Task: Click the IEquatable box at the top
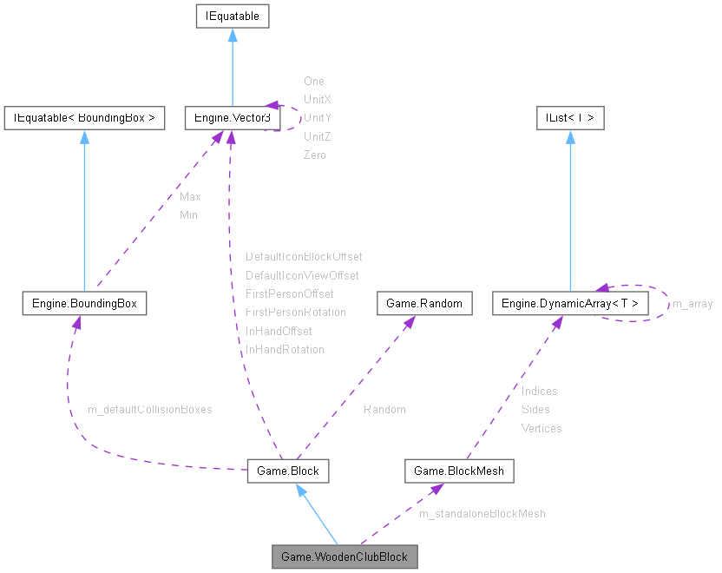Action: click(232, 16)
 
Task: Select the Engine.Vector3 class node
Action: click(231, 117)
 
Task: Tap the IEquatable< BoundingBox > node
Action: click(84, 117)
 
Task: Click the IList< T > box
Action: click(570, 117)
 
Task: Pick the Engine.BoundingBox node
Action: click(84, 303)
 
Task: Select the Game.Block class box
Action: click(288, 471)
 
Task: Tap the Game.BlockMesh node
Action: click(460, 471)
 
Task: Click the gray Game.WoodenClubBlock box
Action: click(345, 556)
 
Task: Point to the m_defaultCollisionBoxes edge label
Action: click(150, 409)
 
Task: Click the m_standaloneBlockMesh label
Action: click(482, 513)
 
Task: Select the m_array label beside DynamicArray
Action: click(692, 303)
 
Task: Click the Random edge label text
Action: click(384, 409)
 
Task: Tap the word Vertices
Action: click(541, 428)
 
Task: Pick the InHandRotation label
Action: click(285, 349)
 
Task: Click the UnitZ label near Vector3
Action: click(317, 136)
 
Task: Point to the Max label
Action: click(190, 197)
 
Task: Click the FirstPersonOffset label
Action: click(290, 293)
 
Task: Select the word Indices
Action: click(540, 391)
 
